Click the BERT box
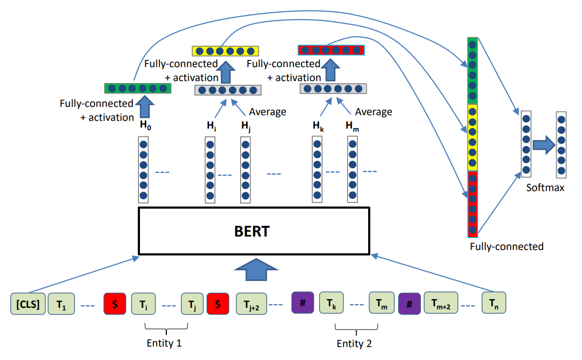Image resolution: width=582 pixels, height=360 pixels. point(254,231)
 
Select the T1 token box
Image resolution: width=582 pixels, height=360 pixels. point(61,304)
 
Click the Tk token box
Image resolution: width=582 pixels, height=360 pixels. point(332,303)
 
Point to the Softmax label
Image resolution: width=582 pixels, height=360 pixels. point(545,188)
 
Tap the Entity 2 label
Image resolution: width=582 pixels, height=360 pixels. point(354,343)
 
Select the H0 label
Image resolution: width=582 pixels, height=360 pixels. point(146,124)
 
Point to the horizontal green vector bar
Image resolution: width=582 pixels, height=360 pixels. point(137,88)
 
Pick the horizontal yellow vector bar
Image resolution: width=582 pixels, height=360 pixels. point(225,51)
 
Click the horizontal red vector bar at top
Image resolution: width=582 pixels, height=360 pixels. point(331,50)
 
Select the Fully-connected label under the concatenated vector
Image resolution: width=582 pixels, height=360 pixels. point(506,246)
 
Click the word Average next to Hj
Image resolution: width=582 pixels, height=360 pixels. point(268,112)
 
